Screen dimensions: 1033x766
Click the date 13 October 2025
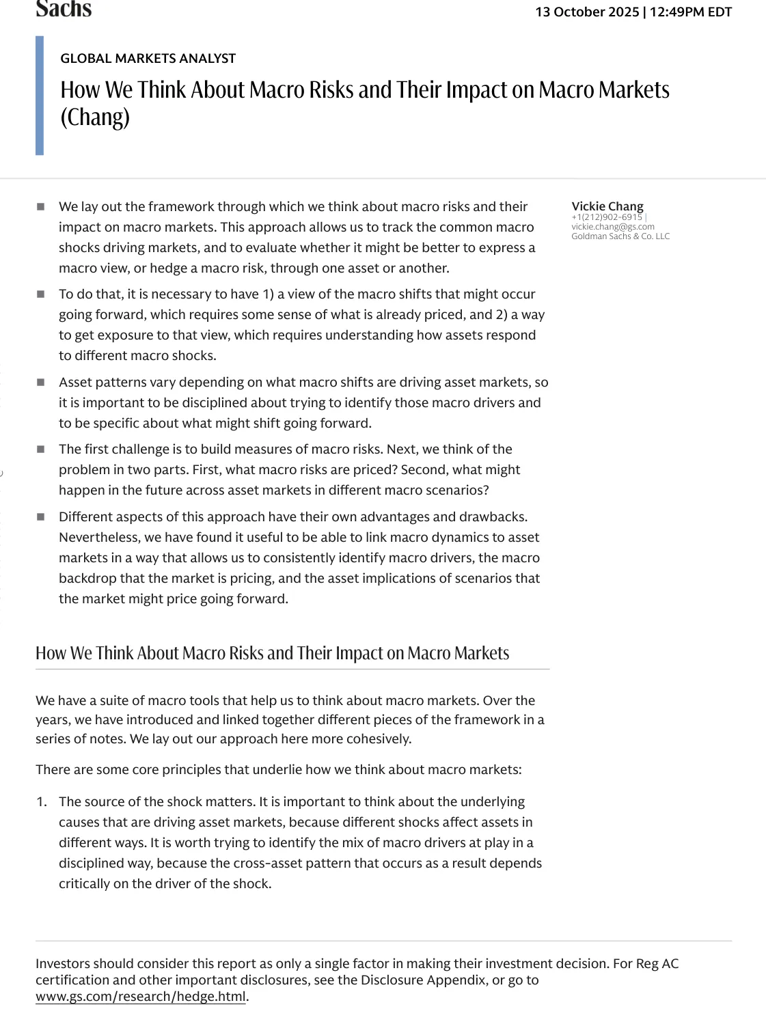tap(587, 12)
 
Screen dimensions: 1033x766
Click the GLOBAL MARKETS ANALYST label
tap(148, 59)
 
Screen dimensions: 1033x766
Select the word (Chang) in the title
tap(95, 117)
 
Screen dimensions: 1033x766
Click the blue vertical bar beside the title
tap(40, 96)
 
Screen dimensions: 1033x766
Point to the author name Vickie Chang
tap(607, 206)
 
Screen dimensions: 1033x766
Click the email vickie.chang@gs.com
tap(613, 227)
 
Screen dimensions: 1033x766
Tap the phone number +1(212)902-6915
tap(607, 217)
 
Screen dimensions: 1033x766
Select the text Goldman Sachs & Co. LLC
tap(620, 236)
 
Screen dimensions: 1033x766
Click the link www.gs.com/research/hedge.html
tap(140, 997)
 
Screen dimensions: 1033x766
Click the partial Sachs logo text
tap(64, 10)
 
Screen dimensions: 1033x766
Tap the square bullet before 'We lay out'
tap(41, 206)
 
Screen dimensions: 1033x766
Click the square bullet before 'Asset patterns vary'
tap(41, 382)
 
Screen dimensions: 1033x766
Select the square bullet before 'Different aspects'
tap(41, 517)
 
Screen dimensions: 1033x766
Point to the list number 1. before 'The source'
tap(42, 802)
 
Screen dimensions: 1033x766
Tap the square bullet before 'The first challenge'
tap(41, 450)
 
